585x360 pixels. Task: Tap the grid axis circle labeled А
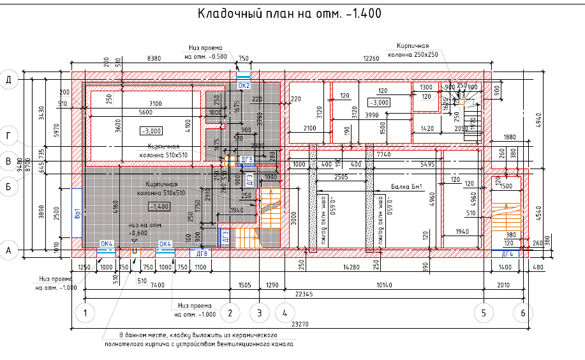coord(9,251)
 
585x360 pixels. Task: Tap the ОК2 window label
coord(244,84)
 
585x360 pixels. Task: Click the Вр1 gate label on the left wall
coord(77,213)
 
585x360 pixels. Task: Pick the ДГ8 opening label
coord(202,253)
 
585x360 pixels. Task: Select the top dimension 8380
coord(154,59)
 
